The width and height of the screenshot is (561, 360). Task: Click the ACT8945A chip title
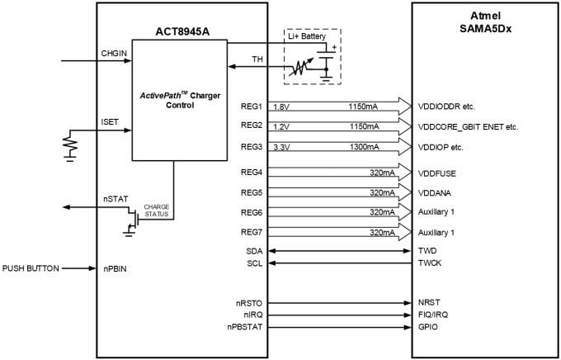pos(181,32)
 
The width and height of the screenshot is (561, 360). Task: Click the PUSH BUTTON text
pos(30,268)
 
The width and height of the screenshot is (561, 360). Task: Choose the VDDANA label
pos(437,192)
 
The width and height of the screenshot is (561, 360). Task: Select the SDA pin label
pos(254,249)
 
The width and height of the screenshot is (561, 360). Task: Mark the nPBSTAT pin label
pos(247,327)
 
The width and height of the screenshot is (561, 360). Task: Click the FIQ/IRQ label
pos(434,315)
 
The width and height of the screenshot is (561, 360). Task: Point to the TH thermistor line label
pos(257,59)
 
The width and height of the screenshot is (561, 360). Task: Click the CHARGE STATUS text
pos(156,211)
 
